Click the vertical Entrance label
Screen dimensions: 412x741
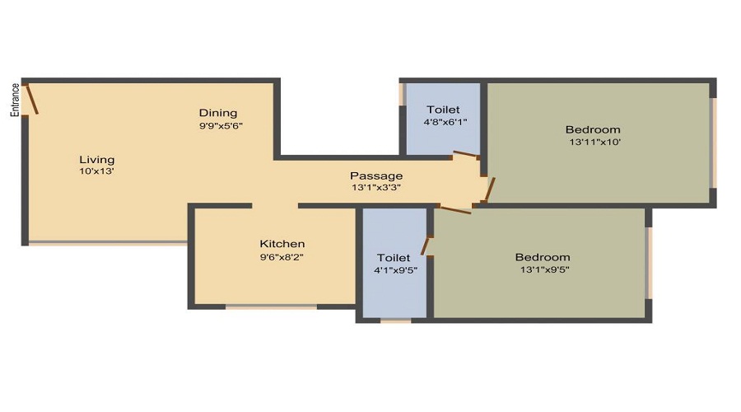[15, 100]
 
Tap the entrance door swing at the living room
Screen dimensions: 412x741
[30, 98]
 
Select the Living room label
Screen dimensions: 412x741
[96, 159]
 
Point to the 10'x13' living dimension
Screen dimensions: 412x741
[96, 171]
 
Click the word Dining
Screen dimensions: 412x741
[218, 113]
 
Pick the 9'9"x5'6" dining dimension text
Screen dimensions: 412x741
[220, 126]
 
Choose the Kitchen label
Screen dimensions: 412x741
[282, 244]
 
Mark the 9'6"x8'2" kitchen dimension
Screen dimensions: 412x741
[282, 256]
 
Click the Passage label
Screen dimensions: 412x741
[376, 176]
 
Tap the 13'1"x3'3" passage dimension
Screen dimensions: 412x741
[376, 188]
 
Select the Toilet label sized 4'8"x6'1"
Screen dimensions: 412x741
[443, 110]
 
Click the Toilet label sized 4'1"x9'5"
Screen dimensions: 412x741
[394, 257]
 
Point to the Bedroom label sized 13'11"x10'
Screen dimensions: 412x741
[593, 129]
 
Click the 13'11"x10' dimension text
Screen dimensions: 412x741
[593, 142]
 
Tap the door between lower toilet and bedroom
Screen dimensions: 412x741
[426, 245]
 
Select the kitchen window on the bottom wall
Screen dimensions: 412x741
[271, 307]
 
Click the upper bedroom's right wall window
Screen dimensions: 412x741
[713, 143]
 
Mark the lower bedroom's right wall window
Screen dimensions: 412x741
[649, 262]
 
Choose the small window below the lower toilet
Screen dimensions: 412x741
[396, 320]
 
